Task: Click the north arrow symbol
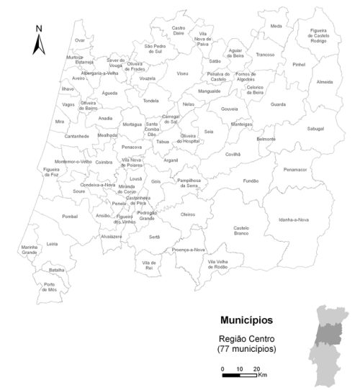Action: (40, 45)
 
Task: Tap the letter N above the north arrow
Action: (40, 29)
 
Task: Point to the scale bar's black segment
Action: (231, 376)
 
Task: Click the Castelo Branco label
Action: (241, 231)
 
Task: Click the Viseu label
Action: (182, 73)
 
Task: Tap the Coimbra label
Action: (104, 163)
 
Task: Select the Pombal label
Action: (70, 216)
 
